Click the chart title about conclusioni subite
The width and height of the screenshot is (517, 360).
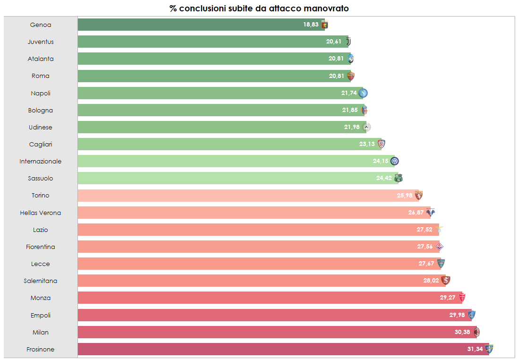point(259,9)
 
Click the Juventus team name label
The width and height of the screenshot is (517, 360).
point(41,42)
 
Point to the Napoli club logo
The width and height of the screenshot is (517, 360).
point(363,93)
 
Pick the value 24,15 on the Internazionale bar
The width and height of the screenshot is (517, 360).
point(381,161)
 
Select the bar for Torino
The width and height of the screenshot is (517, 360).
point(236,196)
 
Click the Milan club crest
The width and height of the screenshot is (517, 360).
point(477,332)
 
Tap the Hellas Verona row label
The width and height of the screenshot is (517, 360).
point(41,213)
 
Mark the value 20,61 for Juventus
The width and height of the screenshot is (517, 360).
point(333,42)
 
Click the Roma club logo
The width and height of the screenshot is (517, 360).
point(350,76)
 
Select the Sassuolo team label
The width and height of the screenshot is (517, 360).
point(41,179)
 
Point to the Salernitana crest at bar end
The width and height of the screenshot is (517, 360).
point(445,281)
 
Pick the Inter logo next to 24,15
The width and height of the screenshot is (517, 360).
point(395,161)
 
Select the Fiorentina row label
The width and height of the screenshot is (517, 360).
point(41,247)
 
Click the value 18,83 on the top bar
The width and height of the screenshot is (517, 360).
point(311,25)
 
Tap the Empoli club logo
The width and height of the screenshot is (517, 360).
point(471,315)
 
